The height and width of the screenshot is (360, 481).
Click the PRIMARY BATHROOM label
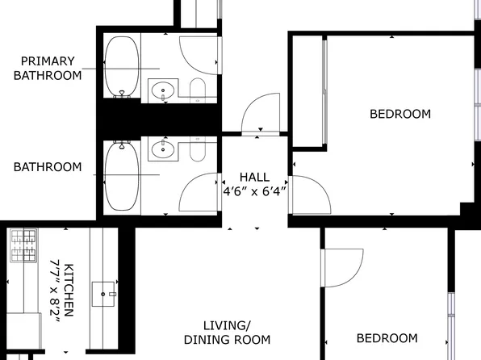coord(48,68)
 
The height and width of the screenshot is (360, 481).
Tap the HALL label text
coord(254,177)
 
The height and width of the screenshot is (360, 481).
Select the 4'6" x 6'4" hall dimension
coord(254,192)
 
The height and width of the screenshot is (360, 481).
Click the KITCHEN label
coord(69,290)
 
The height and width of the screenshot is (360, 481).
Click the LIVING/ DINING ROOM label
coord(227,333)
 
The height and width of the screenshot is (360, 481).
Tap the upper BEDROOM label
coord(400,114)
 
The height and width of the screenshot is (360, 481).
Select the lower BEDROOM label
coord(387,338)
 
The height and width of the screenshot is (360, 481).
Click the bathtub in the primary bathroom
coord(122,67)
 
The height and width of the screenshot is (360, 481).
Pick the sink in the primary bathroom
coord(163,90)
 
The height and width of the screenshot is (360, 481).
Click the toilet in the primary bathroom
coord(198,90)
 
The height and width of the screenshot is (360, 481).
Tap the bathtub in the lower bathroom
coord(122,176)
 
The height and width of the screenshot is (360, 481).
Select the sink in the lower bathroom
coord(163,149)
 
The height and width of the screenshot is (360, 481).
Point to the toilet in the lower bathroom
coord(198,149)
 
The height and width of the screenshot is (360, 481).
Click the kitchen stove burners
coord(23,245)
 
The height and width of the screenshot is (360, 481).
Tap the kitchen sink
coord(103,294)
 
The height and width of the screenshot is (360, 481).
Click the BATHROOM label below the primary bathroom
coord(48,167)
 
